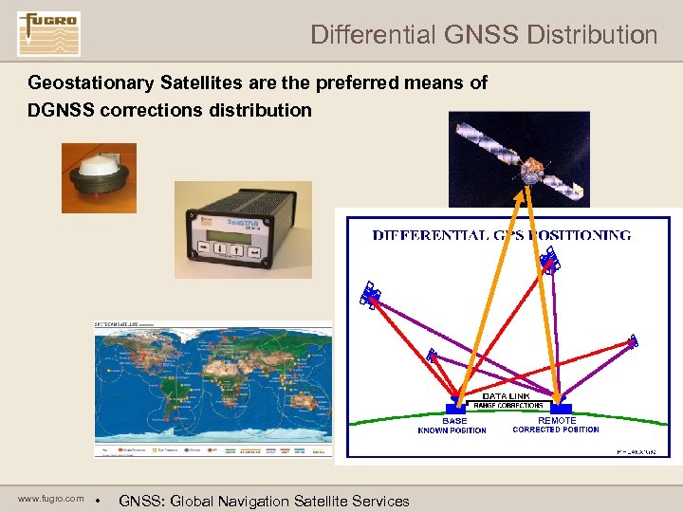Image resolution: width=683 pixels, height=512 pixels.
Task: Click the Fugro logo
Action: click(x=48, y=33)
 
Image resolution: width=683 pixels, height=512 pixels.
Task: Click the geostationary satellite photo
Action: click(x=518, y=157)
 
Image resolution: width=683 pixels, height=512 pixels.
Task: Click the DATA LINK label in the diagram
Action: click(x=508, y=396)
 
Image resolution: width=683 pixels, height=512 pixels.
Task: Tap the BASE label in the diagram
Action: click(x=454, y=420)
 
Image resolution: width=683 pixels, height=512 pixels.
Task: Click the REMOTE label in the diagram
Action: click(x=557, y=420)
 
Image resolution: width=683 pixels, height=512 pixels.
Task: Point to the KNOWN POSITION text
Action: click(x=452, y=430)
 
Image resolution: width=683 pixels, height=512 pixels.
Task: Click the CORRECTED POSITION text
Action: click(x=556, y=430)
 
